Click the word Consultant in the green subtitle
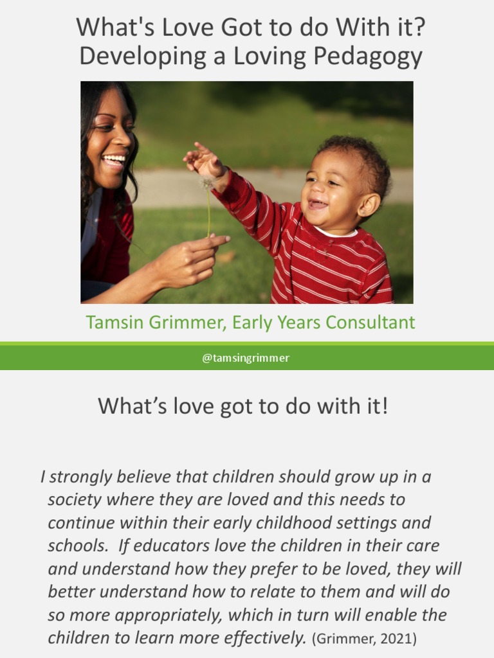point(370,323)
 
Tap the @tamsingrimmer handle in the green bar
point(246,358)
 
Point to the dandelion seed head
point(207,183)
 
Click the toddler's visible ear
point(369,205)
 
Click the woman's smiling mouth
point(114,161)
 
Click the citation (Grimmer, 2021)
point(364,638)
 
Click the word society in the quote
point(75,500)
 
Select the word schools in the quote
point(77,546)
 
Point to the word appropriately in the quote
point(169,615)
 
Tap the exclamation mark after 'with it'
point(384,406)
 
